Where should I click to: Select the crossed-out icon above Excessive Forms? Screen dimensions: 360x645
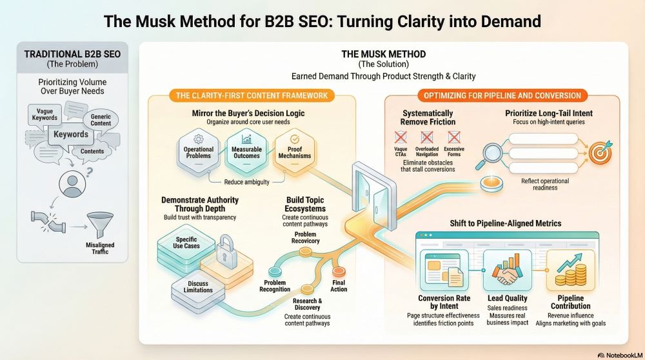coord(454,136)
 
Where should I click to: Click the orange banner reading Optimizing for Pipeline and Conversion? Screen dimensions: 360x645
coord(502,95)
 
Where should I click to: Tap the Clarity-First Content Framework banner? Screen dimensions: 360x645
coord(252,95)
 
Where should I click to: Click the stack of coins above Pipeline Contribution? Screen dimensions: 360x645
coord(571,274)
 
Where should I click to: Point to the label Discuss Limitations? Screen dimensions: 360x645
coord(198,286)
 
